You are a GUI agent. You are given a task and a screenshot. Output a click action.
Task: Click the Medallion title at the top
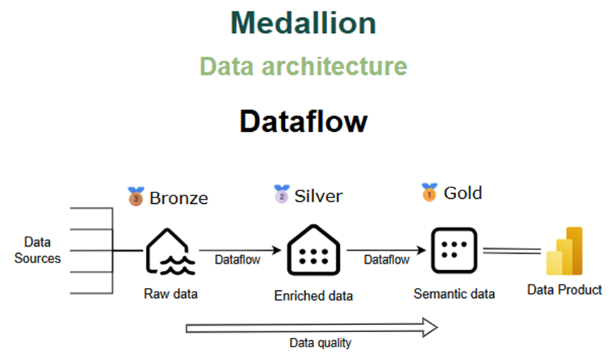tap(303, 24)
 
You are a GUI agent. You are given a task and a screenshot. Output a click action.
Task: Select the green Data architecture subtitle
tap(303, 66)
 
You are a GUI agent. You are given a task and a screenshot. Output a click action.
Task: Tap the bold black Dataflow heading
tap(304, 120)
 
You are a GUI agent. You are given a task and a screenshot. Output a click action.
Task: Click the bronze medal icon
tap(135, 195)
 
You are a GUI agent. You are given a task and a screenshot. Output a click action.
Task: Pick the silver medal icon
tap(281, 193)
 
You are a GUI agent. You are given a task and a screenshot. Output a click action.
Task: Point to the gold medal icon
tap(429, 192)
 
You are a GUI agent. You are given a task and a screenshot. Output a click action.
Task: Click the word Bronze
tap(179, 197)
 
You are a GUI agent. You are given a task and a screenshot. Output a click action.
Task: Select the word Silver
tap(318, 195)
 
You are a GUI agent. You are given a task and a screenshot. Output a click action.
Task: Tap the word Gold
tap(462, 192)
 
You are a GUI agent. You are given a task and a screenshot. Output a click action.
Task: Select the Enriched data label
tap(314, 295)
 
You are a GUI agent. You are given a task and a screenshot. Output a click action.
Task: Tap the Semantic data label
tap(454, 293)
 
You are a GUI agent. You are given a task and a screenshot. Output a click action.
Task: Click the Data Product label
tap(564, 289)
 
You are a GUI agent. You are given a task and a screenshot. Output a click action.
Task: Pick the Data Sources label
tap(37, 250)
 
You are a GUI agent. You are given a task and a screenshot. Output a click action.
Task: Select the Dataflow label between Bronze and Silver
tap(237, 260)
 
